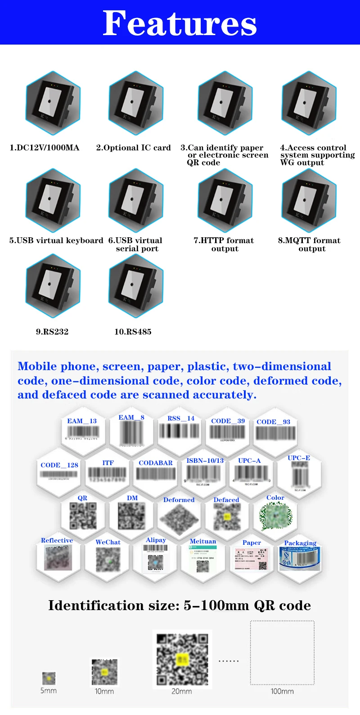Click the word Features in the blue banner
click(x=180, y=23)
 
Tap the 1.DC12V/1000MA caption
click(x=44, y=148)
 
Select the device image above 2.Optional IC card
click(x=135, y=103)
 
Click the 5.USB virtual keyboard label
click(x=56, y=240)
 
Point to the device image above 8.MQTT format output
click(x=309, y=200)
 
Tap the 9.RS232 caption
click(x=52, y=332)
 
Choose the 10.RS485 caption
click(x=133, y=332)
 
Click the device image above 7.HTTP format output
click(x=225, y=200)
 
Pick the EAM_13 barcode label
click(x=82, y=421)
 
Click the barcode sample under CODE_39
click(x=228, y=432)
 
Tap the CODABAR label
click(x=156, y=463)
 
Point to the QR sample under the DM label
click(x=131, y=516)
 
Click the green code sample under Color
click(x=276, y=516)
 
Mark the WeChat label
click(x=108, y=543)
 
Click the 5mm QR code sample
click(x=49, y=678)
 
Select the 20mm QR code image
click(x=182, y=660)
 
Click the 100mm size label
click(x=282, y=691)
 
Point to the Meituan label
click(x=203, y=542)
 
